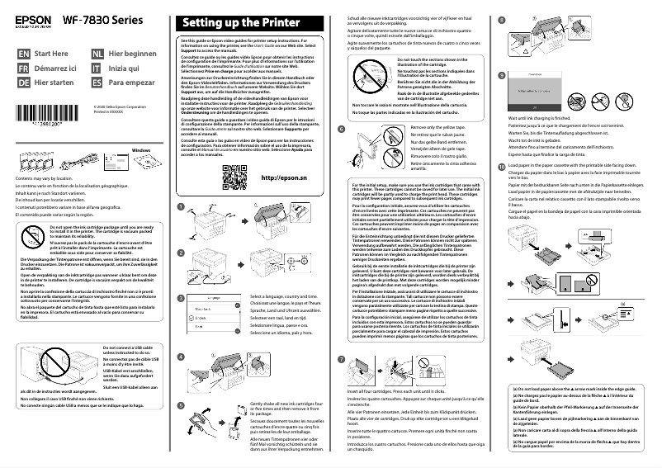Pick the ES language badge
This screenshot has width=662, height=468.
click(97, 83)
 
